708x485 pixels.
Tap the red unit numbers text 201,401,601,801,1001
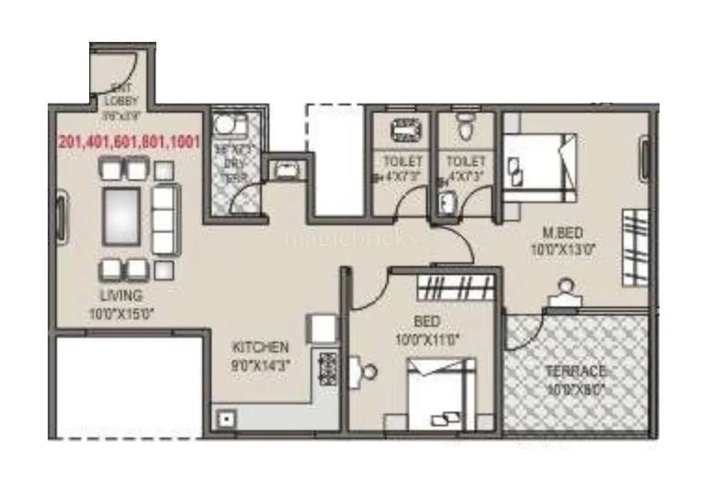129,142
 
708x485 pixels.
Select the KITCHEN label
260,347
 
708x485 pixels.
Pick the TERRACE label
575,371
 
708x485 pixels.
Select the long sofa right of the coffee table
164,219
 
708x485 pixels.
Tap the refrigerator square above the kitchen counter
322,327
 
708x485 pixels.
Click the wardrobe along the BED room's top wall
456,285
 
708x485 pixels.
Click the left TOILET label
402,161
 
